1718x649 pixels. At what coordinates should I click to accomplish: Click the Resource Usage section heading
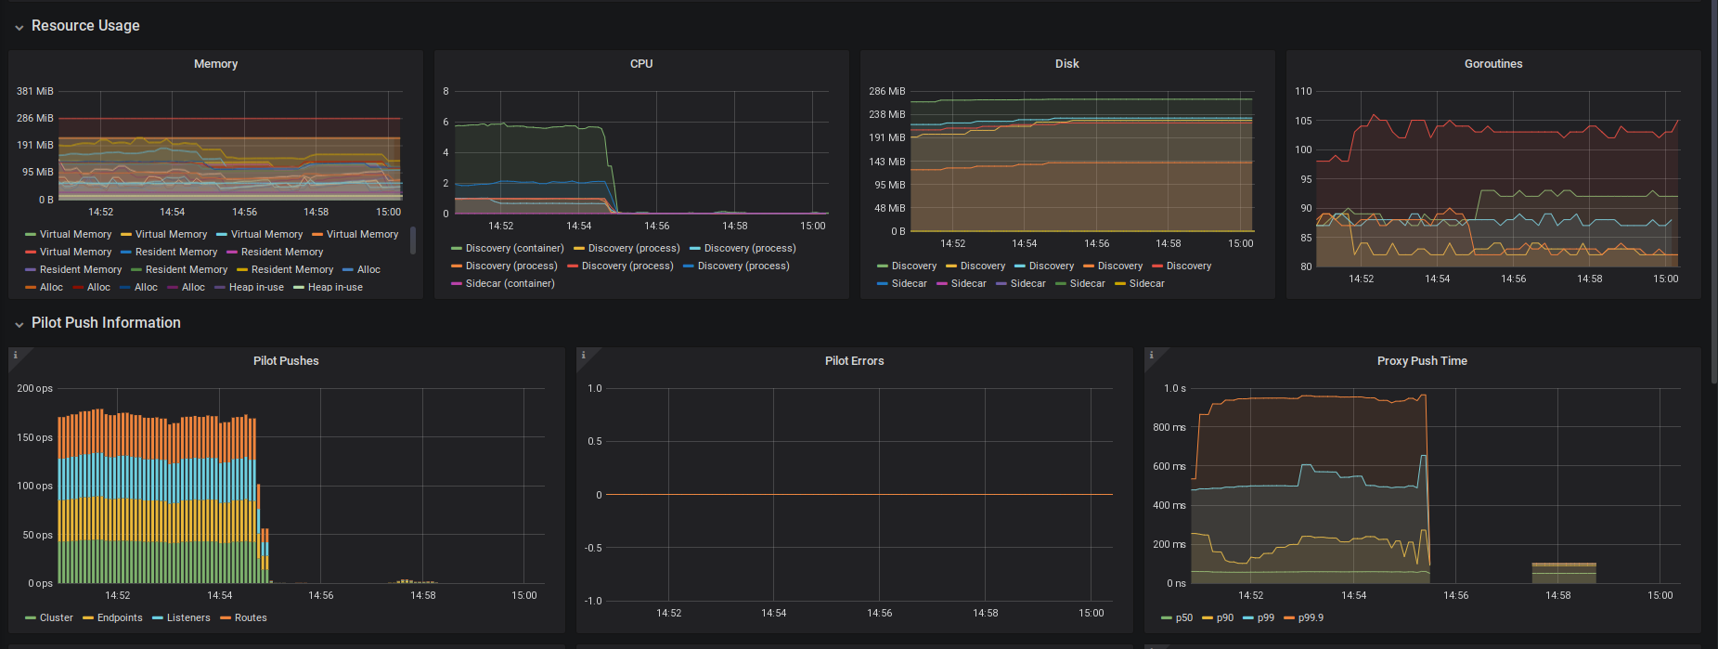85,26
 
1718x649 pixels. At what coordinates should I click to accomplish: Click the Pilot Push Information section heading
106,323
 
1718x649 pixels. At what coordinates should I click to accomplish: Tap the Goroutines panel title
1492,64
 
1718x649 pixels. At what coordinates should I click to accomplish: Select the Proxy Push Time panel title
1421,361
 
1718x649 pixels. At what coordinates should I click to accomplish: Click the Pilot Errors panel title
854,361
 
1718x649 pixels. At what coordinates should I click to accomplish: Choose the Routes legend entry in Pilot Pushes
250,618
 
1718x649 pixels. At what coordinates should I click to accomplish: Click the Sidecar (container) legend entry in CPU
510,284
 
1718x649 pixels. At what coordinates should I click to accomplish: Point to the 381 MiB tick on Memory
35,92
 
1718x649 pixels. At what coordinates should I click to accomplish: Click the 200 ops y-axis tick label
35,389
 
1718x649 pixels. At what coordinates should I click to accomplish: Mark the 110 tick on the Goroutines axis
1303,92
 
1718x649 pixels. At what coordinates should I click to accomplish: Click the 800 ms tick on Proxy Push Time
1169,428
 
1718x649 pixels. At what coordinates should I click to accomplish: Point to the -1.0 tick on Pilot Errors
594,602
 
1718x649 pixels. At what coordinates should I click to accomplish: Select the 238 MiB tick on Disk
886,115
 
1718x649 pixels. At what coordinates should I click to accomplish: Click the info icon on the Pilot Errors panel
583,356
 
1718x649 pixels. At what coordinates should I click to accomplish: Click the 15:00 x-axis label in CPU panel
812,227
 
